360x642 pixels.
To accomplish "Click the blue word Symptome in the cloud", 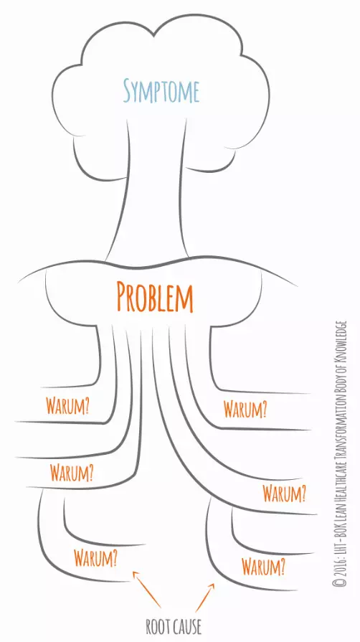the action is (x=161, y=92).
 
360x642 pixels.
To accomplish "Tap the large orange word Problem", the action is (x=155, y=296).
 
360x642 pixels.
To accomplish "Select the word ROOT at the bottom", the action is (x=156, y=627).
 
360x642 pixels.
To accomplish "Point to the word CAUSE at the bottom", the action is (x=186, y=627).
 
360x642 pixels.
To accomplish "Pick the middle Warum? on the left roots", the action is (x=72, y=473).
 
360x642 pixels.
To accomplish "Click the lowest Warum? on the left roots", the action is (x=96, y=557).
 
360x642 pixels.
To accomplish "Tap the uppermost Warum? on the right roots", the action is (x=245, y=408).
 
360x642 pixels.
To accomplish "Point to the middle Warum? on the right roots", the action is (x=284, y=494).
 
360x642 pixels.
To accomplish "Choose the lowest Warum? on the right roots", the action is (x=263, y=566).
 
